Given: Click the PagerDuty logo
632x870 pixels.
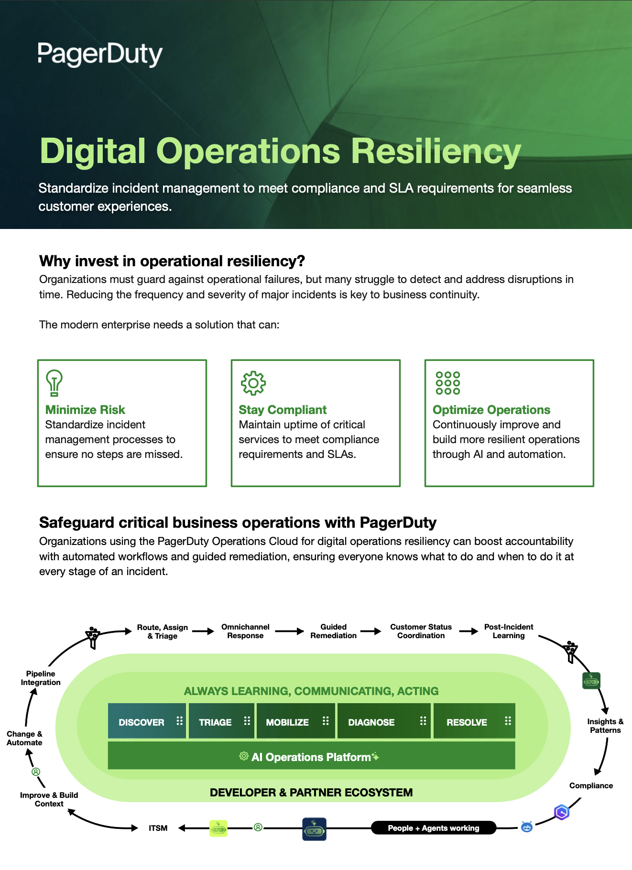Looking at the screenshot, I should pos(100,54).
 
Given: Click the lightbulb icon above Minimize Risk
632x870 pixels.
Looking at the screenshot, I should pos(54,383).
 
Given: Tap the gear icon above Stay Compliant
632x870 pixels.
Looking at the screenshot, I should pos(253,383).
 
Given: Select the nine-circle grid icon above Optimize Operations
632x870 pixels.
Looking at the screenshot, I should pos(447,383).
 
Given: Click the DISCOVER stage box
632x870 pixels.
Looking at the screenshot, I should pos(146,721).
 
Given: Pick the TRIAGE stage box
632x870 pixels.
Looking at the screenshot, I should pos(221,721).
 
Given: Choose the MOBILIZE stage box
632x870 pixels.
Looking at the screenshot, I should pos(296,721).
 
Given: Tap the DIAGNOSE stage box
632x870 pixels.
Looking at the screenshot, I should pos(383,721).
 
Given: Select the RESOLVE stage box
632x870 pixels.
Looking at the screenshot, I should pos(474,721).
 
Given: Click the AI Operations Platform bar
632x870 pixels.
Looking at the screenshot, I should pos(311,756).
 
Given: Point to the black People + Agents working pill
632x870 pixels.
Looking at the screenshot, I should pos(433,828).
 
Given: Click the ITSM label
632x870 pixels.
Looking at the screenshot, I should pos(158,828).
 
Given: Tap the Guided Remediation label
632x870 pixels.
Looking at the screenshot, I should pos(333,631).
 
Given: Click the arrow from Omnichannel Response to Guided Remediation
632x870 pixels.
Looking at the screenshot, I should pos(289,631).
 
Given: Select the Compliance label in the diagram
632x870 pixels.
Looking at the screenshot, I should pos(591,785).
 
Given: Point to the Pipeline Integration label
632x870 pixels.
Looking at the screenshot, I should pos(41,678).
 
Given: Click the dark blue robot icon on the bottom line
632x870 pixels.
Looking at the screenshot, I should pos(314,829).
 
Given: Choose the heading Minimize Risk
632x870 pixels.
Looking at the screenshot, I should pos(85,410).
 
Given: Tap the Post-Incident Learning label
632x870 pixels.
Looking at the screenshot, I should pos(508,631).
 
